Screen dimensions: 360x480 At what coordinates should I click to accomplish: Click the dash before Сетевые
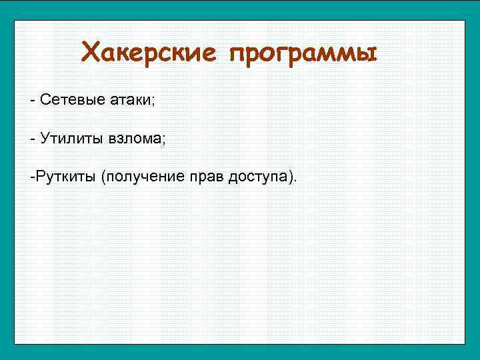click(32, 101)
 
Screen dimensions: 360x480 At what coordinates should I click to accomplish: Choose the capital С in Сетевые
click(45, 100)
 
